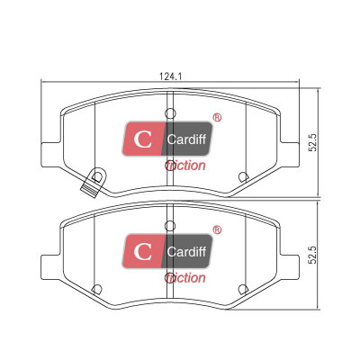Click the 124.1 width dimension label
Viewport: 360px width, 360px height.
pyautogui.click(x=170, y=76)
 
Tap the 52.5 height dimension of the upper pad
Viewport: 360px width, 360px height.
pyautogui.click(x=313, y=142)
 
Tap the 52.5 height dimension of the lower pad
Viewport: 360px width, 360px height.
pyautogui.click(x=313, y=255)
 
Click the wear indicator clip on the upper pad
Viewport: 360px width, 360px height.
pyautogui.click(x=94, y=183)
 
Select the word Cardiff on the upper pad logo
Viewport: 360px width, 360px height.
pyautogui.click(x=186, y=139)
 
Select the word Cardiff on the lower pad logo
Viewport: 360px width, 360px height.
pyautogui.click(x=186, y=252)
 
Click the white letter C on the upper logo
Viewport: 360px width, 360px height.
pyautogui.click(x=143, y=139)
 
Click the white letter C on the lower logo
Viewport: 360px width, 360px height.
pyautogui.click(x=143, y=252)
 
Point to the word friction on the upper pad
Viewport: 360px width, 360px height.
pyautogui.click(x=185, y=166)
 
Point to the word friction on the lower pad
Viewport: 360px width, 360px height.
pyautogui.click(x=185, y=278)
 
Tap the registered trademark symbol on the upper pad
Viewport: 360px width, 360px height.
pyautogui.click(x=217, y=118)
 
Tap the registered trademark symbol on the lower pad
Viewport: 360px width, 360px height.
pyautogui.click(x=217, y=230)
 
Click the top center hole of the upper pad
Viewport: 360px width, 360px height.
pyautogui.click(x=170, y=113)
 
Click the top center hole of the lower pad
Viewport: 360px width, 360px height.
pyautogui.click(x=170, y=226)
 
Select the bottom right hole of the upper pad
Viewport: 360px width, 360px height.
pyautogui.click(x=243, y=177)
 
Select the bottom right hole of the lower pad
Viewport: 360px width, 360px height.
pyautogui.click(x=243, y=290)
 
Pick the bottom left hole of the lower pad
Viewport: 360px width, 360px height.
pyautogui.click(x=96, y=290)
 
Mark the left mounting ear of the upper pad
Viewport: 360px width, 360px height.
pyautogui.click(x=51, y=155)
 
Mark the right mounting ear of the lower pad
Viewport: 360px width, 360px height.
pyautogui.click(x=289, y=267)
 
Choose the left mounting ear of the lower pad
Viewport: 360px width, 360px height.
pyautogui.click(x=51, y=267)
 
